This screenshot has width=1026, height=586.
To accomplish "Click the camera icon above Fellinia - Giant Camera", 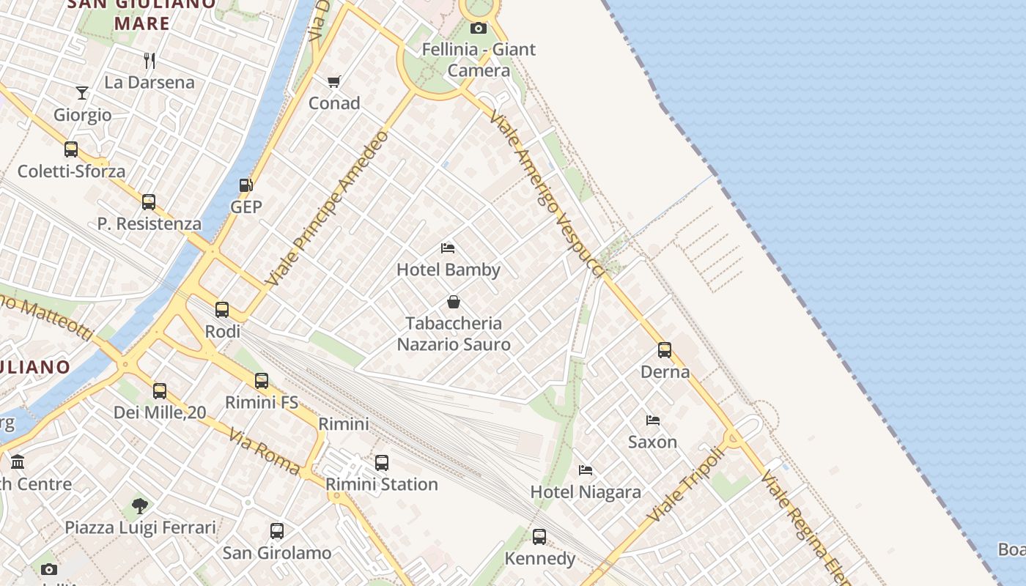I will pos(478,29).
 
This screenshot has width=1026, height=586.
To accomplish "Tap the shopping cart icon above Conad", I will pos(334,81).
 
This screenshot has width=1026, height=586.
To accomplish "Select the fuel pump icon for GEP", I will pos(246,186).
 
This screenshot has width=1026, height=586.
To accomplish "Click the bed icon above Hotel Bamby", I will pos(448,248).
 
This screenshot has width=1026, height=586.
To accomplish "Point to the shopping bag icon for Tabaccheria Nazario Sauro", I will pos(454,302).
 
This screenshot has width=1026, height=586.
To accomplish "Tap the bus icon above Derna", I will pos(665,350).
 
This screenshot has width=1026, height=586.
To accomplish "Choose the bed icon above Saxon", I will pos(652,420).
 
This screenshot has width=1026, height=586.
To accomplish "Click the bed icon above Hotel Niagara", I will pos(585,470).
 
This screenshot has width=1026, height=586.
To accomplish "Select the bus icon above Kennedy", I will pos(539,537).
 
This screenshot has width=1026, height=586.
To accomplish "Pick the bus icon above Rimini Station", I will pos(381,463).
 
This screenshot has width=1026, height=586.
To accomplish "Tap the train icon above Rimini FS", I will pos(262,381).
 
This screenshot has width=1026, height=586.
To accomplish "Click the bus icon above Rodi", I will pos(222,310).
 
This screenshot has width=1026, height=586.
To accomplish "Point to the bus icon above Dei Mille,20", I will pos(160,391).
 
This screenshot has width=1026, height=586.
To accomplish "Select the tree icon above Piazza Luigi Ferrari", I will pos(140,505).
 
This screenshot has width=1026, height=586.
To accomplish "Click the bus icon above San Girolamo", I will pos(277,531).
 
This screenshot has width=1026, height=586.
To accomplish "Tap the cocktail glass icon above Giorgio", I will pos(82,93).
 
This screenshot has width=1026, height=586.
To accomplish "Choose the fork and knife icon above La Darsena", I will pos(150,60).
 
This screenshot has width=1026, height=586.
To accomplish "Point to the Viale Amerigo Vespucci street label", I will pos(547,194).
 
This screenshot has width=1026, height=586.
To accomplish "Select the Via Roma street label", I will pos(264,452).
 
